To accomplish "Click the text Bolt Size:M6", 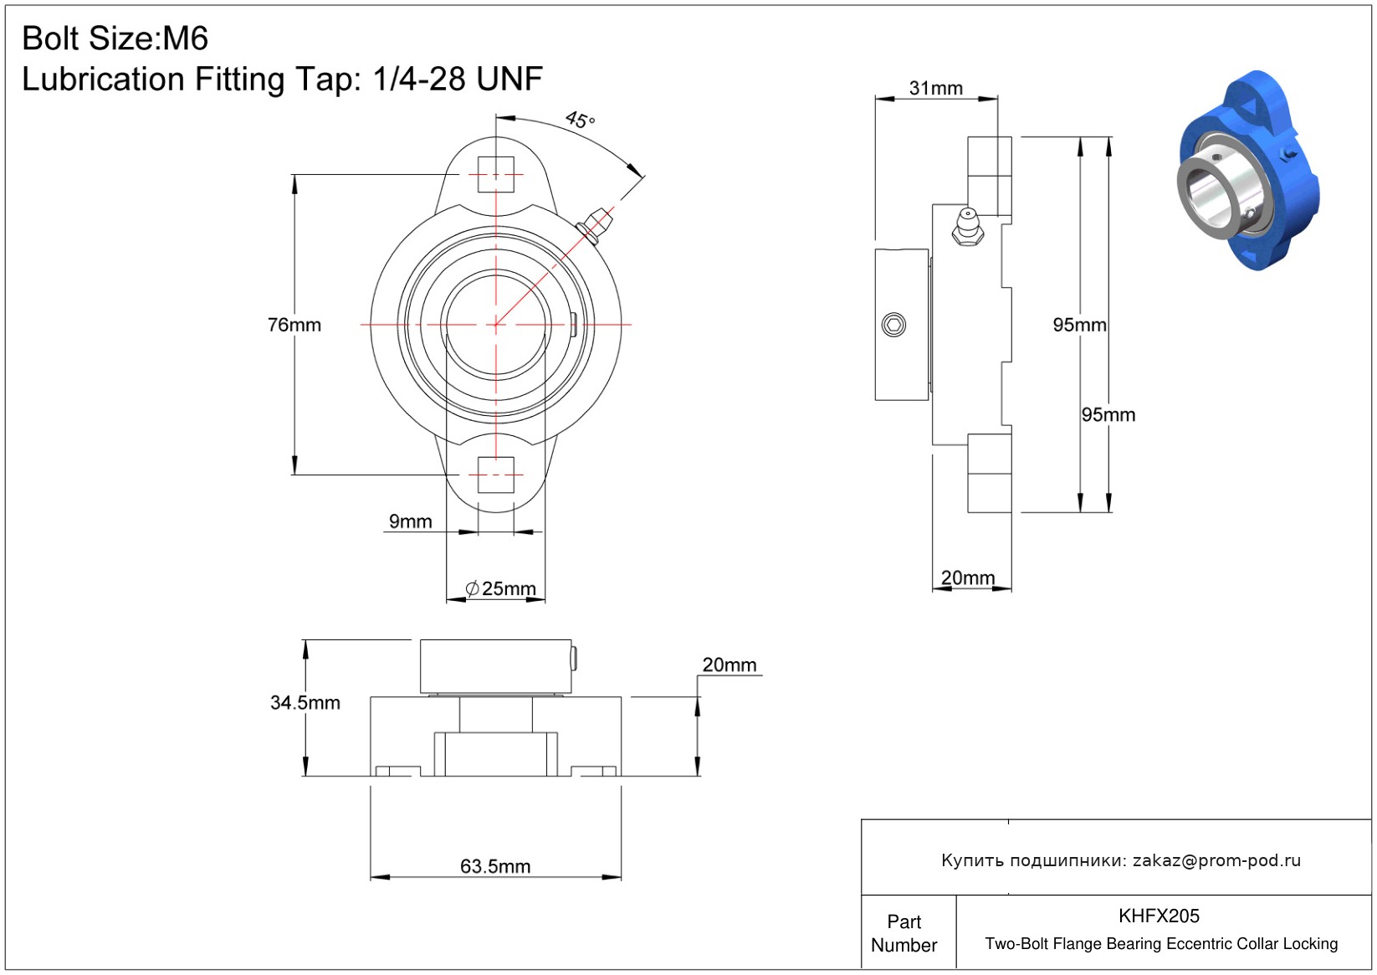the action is [x=115, y=38].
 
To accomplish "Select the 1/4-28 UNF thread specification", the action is [x=458, y=79].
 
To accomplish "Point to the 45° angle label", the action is [x=581, y=120].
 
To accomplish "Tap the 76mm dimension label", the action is [x=294, y=325].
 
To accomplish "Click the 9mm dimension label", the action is [x=410, y=521].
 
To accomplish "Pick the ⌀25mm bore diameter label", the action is [x=500, y=588].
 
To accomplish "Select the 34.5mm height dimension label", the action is [x=305, y=702].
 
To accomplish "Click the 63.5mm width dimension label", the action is [x=495, y=866].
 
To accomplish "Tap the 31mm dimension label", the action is [x=935, y=88].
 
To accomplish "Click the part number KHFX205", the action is [x=1159, y=916].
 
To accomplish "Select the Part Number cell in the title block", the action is [x=904, y=933].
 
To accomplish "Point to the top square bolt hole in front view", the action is [x=496, y=175].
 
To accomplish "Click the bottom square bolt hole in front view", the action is [x=496, y=475].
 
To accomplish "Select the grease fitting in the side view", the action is [x=968, y=228].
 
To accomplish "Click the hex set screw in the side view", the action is [x=893, y=325].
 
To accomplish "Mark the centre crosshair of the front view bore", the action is [x=496, y=325].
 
